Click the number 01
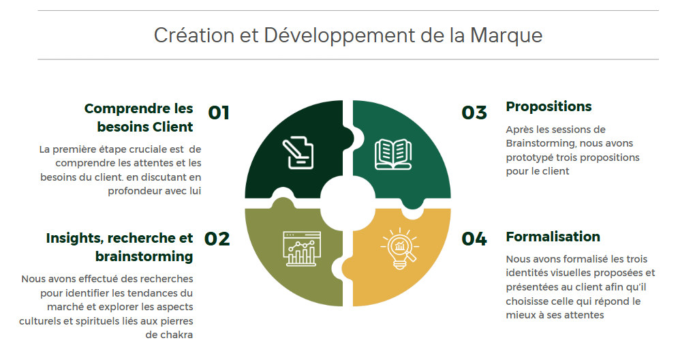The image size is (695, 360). [x=219, y=112]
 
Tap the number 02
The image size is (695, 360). [x=217, y=239]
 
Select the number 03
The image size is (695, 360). [x=474, y=112]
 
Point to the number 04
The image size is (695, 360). [x=474, y=239]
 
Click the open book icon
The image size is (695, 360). [x=392, y=154]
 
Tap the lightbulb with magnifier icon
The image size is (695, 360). [x=399, y=248]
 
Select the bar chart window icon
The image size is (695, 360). [x=301, y=248]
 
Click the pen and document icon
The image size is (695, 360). [x=298, y=153]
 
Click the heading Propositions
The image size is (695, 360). [x=549, y=107]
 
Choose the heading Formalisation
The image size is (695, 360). [x=553, y=237]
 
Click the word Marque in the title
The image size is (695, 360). [x=506, y=35]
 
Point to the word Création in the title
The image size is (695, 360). [x=194, y=35]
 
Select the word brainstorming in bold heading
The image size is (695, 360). [x=144, y=256]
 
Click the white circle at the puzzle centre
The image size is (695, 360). [x=348, y=203]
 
